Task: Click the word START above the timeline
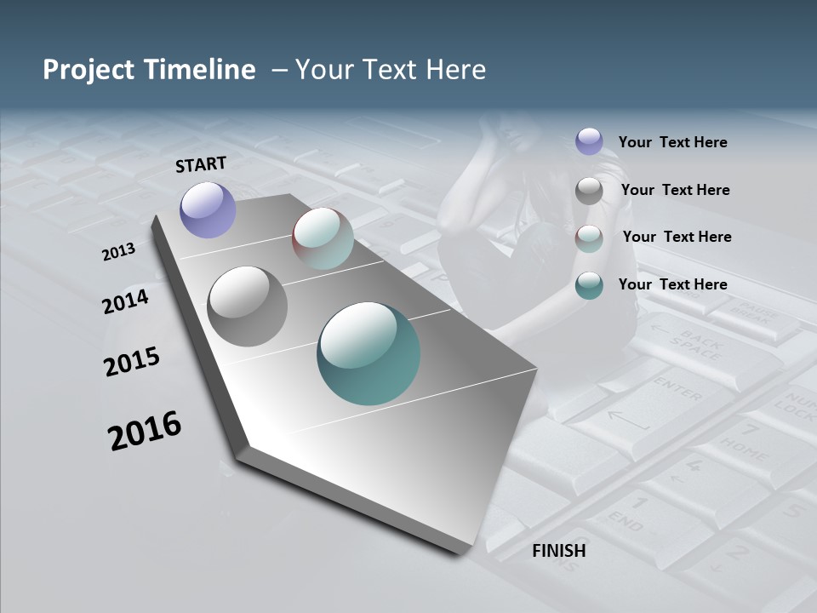pos(201,163)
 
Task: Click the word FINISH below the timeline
pos(559,551)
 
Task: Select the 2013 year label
pos(119,251)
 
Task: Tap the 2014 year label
pos(126,301)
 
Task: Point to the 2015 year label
pos(132,361)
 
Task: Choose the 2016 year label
pos(145,431)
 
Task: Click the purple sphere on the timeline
pos(209,209)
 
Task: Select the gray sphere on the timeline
pos(248,306)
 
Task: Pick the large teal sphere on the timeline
pos(369,353)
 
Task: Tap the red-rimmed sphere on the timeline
pos(323,238)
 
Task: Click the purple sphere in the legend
pos(589,142)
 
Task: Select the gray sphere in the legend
pos(589,190)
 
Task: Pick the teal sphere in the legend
pos(589,285)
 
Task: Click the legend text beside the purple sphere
pos(672,142)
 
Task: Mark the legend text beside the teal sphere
pos(672,284)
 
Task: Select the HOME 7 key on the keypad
pos(747,438)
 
